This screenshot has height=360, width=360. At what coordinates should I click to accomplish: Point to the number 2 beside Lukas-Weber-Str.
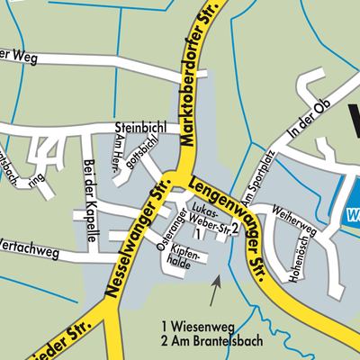pos(234,229)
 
